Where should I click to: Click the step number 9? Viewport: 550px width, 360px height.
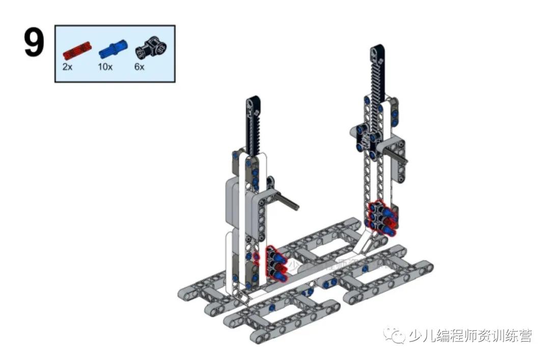34,44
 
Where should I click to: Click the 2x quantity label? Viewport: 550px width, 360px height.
67,67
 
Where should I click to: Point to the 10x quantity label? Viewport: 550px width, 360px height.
105,67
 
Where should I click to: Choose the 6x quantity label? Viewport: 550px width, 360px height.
140,67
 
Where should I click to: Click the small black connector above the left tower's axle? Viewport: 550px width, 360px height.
270,181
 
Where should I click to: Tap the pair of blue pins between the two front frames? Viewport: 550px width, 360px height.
308,292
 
